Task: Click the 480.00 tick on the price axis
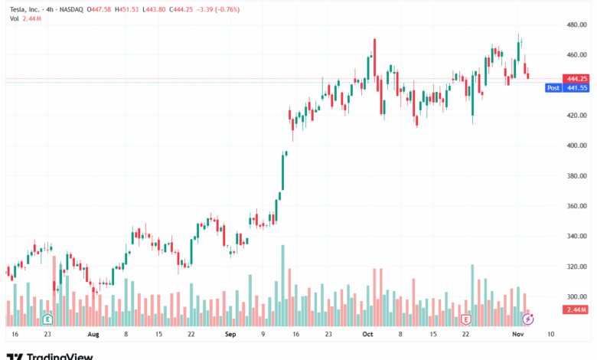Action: [576, 25]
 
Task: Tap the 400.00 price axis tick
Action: [576, 146]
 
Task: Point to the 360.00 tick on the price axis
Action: [576, 206]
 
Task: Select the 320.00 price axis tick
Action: [576, 267]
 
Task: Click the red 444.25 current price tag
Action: [576, 78]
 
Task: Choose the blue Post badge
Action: [553, 88]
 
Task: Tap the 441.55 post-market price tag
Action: [576, 88]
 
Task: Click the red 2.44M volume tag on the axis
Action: [576, 309]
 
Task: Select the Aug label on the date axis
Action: [93, 335]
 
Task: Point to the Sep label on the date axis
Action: [230, 335]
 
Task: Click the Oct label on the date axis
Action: [367, 335]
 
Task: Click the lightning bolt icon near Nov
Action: [528, 318]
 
